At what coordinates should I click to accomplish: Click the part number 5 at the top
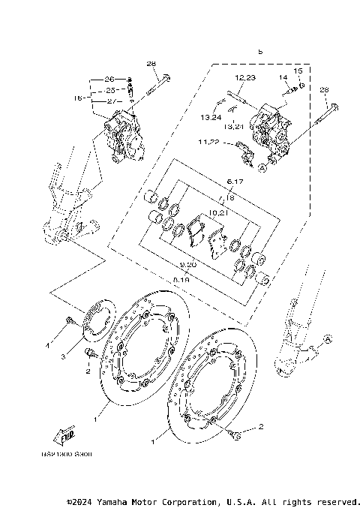click(x=260, y=52)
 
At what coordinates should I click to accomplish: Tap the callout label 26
click(x=109, y=80)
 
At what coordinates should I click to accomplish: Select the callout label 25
click(x=109, y=90)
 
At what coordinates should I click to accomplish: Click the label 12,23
click(x=244, y=78)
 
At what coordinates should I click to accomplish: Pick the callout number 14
click(x=284, y=77)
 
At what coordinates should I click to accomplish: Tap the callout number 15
click(x=297, y=71)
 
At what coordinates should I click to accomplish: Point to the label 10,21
click(x=218, y=212)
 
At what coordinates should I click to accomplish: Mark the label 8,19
click(x=181, y=278)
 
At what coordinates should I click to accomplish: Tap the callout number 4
click(x=46, y=347)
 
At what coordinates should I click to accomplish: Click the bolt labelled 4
click(x=68, y=323)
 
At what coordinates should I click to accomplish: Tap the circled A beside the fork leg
click(x=326, y=340)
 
